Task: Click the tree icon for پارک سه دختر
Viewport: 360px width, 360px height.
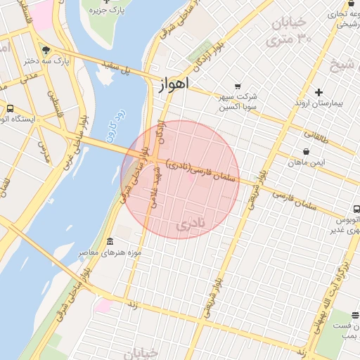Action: click(x=46, y=50)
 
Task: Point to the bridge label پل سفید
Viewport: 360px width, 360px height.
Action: click(x=118, y=69)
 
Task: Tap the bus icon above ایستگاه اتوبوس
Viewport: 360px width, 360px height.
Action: click(x=10, y=108)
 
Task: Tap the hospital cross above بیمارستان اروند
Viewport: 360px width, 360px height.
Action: click(x=319, y=92)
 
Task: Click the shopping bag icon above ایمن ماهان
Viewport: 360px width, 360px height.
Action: click(x=306, y=151)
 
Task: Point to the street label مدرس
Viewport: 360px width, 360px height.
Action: click(x=44, y=151)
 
